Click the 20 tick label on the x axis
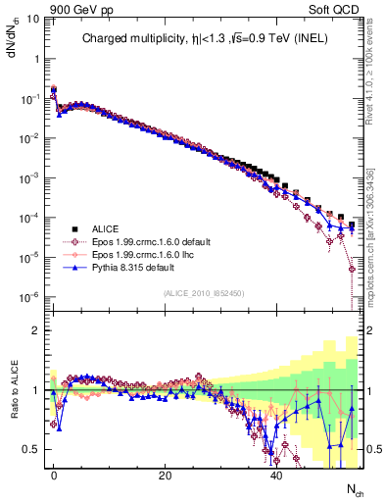[x=166, y=475]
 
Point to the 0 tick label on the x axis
[x=54, y=475]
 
